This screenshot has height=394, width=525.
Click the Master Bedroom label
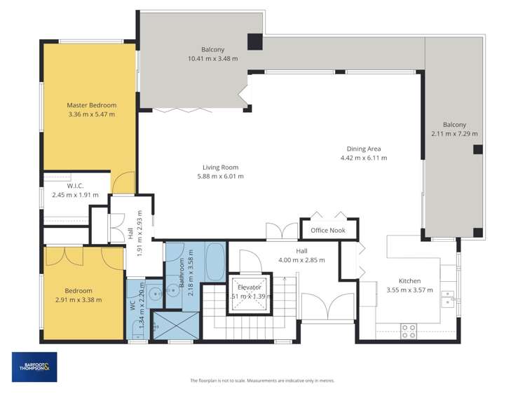[91, 105]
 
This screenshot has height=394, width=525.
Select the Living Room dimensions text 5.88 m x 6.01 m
[221, 176]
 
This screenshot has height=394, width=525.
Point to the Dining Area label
[363, 149]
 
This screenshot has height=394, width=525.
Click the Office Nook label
[329, 230]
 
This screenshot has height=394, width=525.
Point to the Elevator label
[250, 287]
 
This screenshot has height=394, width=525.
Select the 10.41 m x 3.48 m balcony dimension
[212, 58]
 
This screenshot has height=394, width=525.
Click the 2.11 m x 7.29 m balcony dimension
[454, 134]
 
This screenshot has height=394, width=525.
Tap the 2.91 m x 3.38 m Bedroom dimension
[79, 299]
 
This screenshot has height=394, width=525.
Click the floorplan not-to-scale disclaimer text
[262, 381]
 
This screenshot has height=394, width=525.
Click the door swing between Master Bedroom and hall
[123, 183]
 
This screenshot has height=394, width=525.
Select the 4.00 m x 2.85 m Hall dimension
[301, 259]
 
